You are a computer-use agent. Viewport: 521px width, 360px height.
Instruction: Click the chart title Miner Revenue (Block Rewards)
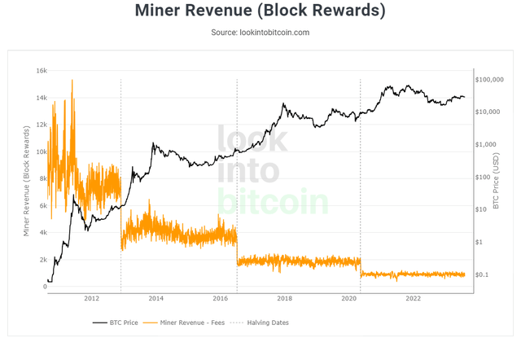click(x=260, y=11)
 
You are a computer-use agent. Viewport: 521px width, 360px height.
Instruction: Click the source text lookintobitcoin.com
click(x=260, y=33)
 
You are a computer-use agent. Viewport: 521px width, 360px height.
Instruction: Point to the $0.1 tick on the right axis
click(x=484, y=274)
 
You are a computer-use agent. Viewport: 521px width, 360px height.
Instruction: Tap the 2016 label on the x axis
click(x=219, y=298)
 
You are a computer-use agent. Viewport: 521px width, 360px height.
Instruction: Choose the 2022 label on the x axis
click(x=413, y=298)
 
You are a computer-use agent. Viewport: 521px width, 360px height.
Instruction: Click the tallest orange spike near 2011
click(x=72, y=80)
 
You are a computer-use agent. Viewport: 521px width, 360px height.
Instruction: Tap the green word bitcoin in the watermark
click(x=273, y=202)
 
